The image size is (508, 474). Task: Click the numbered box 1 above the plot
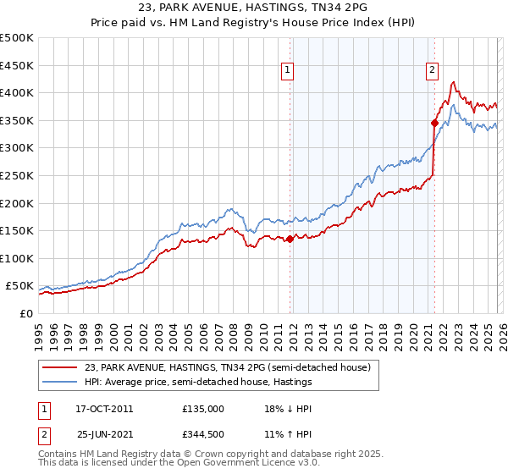click(289, 71)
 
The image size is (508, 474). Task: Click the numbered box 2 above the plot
click(433, 71)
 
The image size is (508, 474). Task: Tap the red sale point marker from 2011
click(290, 239)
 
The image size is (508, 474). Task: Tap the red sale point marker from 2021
click(434, 123)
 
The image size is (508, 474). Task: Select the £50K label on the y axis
click(19, 286)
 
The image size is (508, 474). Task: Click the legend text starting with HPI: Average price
click(198, 383)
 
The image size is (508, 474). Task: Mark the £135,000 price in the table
click(202, 409)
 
